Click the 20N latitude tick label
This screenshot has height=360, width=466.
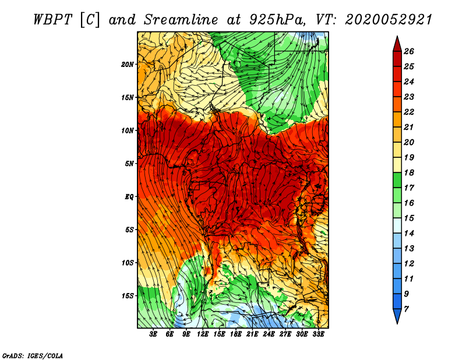point(128,65)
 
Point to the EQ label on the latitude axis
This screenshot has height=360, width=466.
point(129,197)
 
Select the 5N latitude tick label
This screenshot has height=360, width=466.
point(129,164)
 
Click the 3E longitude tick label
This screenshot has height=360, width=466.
point(153,334)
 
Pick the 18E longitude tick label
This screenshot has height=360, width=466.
point(236,334)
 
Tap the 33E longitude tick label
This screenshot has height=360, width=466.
point(318,334)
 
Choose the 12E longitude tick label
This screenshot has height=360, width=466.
point(203,334)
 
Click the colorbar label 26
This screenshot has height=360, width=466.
point(409,51)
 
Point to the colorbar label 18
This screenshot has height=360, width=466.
point(409,172)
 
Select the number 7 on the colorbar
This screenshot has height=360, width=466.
point(406,309)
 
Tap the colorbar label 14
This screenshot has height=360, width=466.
point(409,234)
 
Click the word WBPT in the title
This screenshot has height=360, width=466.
point(52,20)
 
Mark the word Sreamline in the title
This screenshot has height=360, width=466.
point(181,20)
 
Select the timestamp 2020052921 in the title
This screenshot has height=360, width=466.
point(389,20)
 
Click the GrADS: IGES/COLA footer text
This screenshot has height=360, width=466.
point(33,356)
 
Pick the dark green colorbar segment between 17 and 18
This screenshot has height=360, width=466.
point(397,180)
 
